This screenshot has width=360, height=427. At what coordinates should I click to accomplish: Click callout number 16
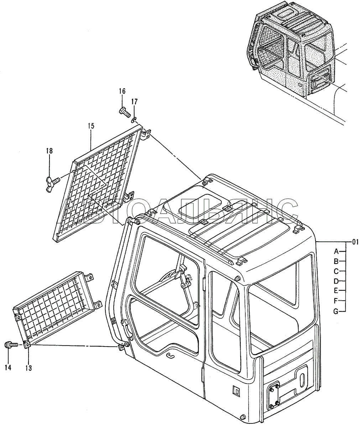pyautogui.click(x=122, y=91)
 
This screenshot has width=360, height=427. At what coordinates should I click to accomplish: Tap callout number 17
pyautogui.click(x=135, y=102)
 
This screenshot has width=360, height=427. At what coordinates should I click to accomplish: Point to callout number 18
pyautogui.click(x=49, y=151)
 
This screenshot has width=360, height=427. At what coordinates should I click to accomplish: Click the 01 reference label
pyautogui.click(x=355, y=242)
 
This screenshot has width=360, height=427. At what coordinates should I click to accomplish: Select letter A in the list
pyautogui.click(x=336, y=251)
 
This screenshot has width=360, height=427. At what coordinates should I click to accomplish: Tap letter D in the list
pyautogui.click(x=336, y=281)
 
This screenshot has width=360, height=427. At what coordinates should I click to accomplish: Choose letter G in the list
pyautogui.click(x=336, y=312)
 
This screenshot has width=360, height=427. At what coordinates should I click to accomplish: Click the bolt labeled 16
pyautogui.click(x=125, y=112)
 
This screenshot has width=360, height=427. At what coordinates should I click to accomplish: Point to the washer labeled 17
pyautogui.click(x=134, y=120)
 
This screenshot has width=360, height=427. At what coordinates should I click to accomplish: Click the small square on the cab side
pyautogui.click(x=236, y=391)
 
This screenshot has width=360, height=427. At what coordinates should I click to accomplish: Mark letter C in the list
pyautogui.click(x=336, y=272)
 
